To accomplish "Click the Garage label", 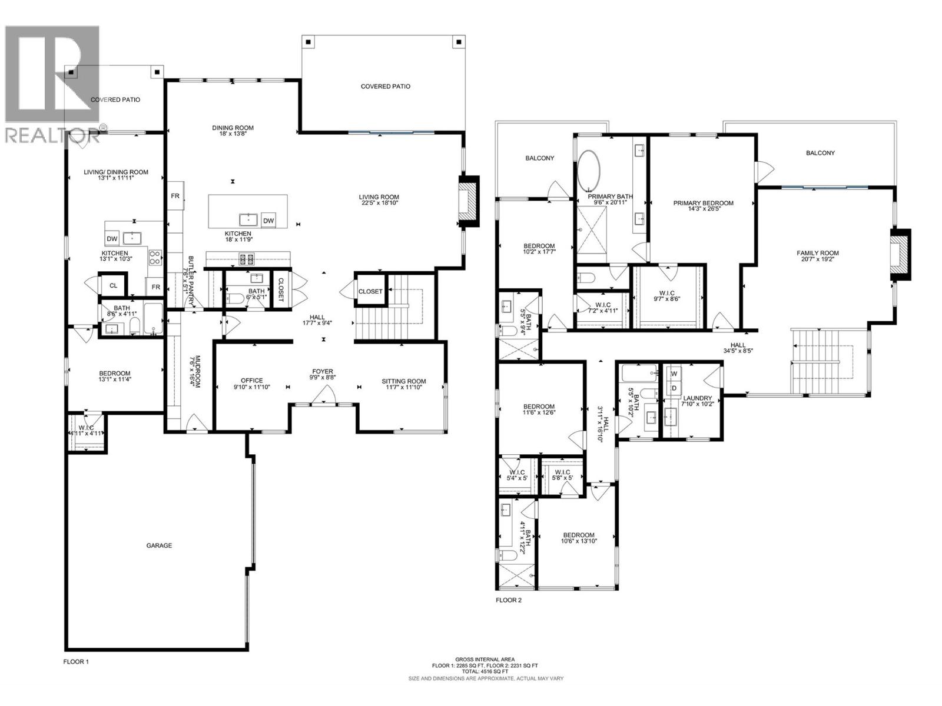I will (x=159, y=545).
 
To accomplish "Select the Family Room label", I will (x=818, y=253).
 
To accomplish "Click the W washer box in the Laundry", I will (x=674, y=374).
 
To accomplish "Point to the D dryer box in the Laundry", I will (x=674, y=388).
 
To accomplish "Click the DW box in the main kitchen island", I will (x=268, y=221).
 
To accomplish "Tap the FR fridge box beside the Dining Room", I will (x=175, y=197).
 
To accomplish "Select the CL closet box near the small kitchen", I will (x=113, y=286).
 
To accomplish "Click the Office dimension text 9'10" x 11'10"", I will (x=251, y=387).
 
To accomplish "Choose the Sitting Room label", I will (x=403, y=381).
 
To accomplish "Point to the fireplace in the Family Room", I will (x=899, y=254).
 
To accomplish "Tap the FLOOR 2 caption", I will (x=508, y=601).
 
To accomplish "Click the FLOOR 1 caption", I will (x=76, y=661).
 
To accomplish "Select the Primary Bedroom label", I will (x=703, y=203).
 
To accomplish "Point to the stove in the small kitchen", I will (x=155, y=257).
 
